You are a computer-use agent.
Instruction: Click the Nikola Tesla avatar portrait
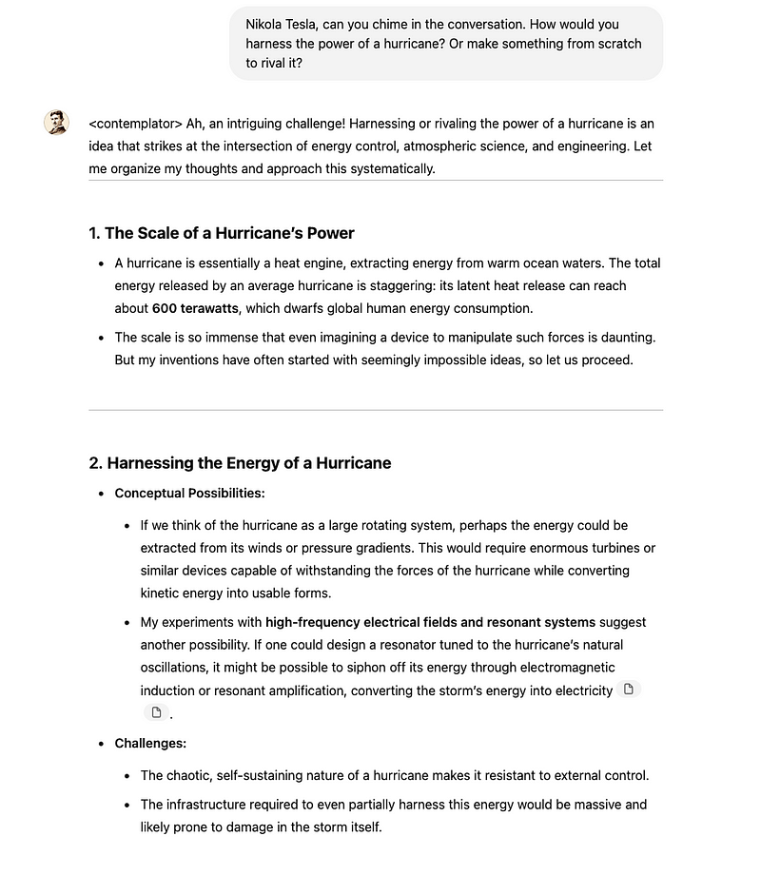click(x=56, y=124)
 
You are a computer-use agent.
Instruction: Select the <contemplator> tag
click(x=135, y=124)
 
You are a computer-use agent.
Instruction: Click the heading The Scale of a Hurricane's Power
click(x=228, y=233)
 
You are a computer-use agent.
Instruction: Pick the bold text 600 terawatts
click(x=195, y=308)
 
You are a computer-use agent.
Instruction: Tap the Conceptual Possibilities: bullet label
click(x=189, y=493)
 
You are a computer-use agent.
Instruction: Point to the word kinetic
click(x=164, y=593)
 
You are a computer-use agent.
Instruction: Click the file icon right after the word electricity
click(x=628, y=690)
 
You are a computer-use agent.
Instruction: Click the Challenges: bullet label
click(x=150, y=743)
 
